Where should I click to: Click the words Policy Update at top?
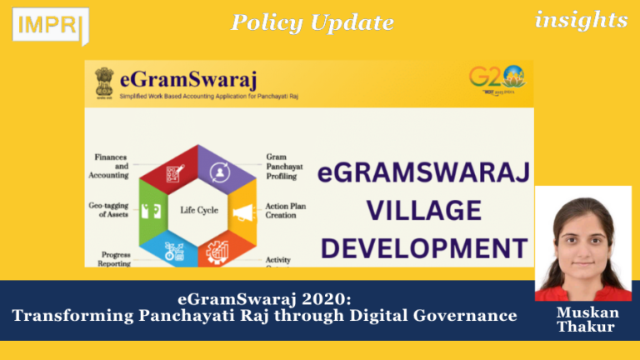[x=312, y=23]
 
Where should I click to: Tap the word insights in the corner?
[x=581, y=21]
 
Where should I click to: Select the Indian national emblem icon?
[x=104, y=82]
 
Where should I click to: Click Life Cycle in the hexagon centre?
[x=199, y=210]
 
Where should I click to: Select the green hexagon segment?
[x=154, y=210]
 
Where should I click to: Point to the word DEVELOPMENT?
[x=424, y=247]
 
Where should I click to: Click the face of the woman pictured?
[x=583, y=238]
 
